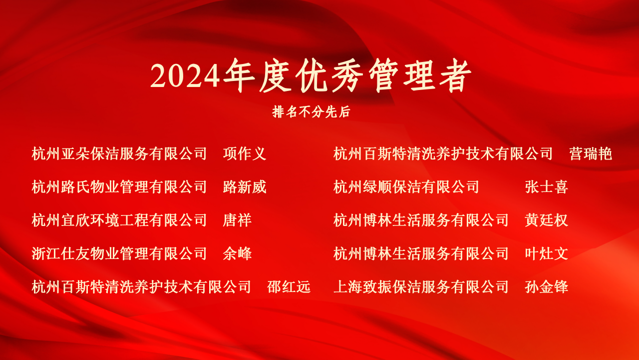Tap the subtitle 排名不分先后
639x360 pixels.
pos(311,111)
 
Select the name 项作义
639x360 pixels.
pos(245,153)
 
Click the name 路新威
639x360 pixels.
pos(245,187)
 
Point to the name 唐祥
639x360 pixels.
pos(237,220)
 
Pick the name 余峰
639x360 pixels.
pos(237,253)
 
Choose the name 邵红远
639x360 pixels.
pos(289,287)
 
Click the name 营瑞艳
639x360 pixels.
pos(591,153)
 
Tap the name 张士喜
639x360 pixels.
pos(546,187)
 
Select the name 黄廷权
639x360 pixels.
pos(546,220)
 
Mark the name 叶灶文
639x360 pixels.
pos(546,253)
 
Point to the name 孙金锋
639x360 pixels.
pos(546,287)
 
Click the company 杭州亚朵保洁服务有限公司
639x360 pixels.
pos(119,153)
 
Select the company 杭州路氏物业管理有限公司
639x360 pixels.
pos(119,187)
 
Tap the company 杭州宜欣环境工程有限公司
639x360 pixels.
pos(119,220)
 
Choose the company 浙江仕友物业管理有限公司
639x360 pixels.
pos(119,253)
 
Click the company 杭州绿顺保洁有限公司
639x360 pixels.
pos(406,187)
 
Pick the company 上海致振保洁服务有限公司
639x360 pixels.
pos(421,287)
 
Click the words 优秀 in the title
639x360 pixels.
pos(329,75)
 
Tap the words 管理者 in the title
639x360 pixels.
pos(420,75)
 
